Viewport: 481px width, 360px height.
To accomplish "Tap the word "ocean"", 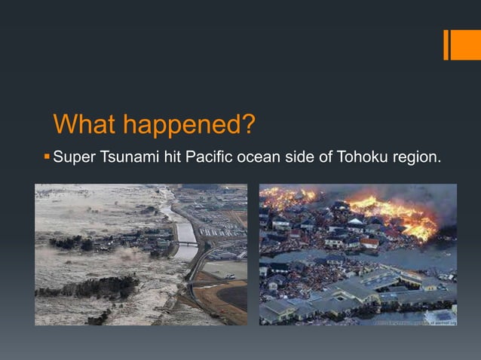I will pos(259,158).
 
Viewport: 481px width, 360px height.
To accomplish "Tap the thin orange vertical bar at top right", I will pos(446,44).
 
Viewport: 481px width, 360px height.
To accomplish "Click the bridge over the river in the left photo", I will pos(186,243).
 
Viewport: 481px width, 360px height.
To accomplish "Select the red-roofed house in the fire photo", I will pos(369,243).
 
